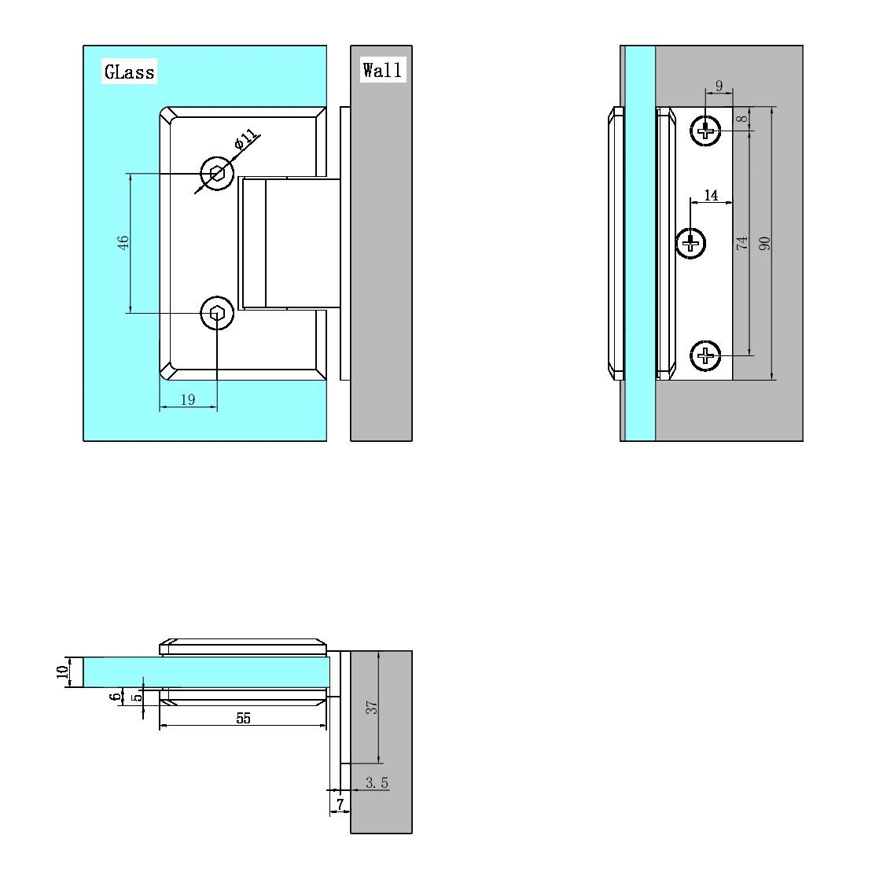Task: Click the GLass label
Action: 130,72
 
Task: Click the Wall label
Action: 382,70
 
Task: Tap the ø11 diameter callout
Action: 246,141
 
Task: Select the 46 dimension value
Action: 123,243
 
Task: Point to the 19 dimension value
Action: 188,399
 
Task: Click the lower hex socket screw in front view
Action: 217,315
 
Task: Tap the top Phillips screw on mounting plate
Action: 706,131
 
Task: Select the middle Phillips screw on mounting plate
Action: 692,242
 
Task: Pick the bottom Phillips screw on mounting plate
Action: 706,356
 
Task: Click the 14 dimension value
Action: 711,195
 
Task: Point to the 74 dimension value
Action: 741,243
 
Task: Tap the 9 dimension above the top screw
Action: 719,86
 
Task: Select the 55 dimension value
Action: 243,718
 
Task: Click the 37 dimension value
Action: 373,707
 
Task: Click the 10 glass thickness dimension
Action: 63,672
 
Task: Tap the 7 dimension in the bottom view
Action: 340,804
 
